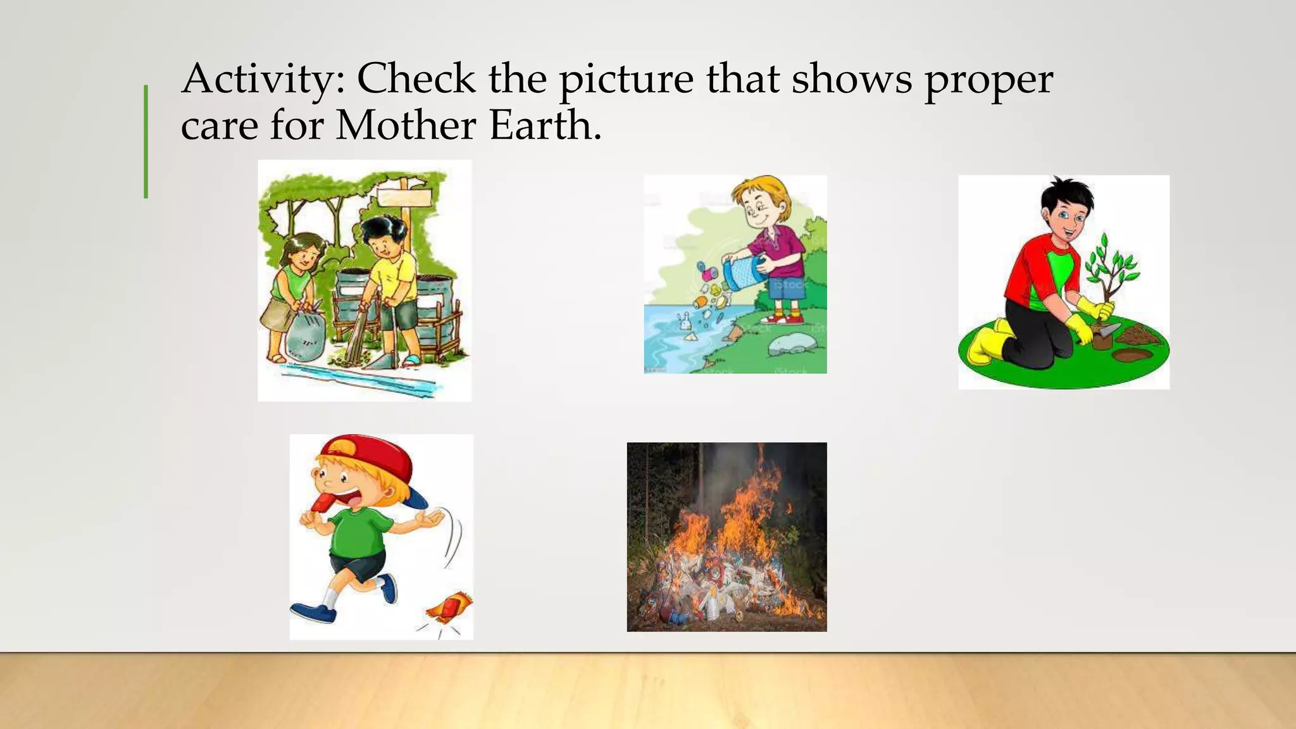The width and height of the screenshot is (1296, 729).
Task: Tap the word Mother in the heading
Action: (405, 125)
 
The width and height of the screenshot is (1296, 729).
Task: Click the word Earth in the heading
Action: (544, 125)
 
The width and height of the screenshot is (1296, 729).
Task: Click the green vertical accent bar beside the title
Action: (146, 142)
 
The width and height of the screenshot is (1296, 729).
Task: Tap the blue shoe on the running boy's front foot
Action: (313, 612)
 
